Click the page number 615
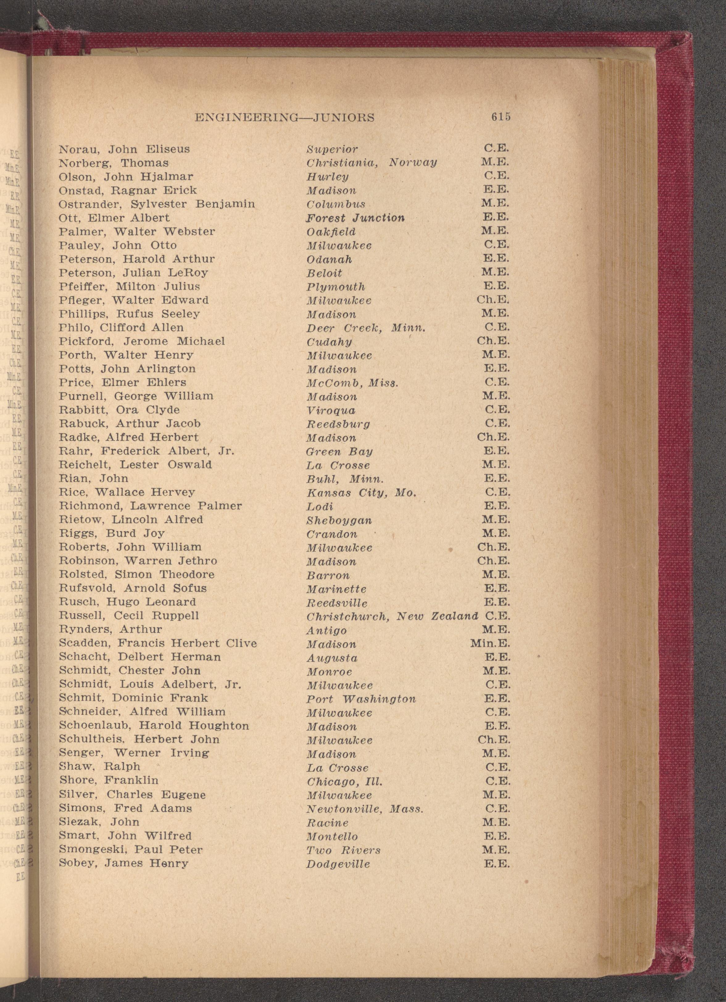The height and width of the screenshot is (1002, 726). point(500,117)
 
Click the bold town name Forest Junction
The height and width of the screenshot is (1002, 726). point(355,218)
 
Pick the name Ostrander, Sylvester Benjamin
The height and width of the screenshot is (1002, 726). point(157,204)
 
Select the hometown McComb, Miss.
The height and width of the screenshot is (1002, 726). point(352,383)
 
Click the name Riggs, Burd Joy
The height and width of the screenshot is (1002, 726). point(112,533)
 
